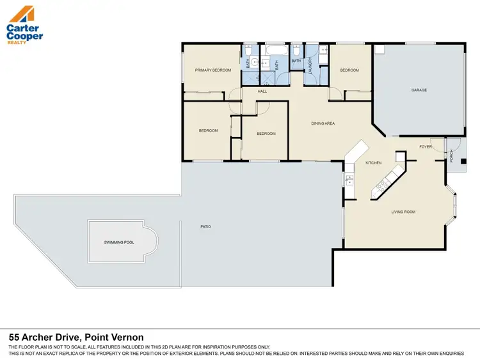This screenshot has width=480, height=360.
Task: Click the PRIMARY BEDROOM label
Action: [213, 70]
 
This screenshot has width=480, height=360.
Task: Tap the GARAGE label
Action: [419, 90]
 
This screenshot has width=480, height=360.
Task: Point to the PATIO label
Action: [205, 226]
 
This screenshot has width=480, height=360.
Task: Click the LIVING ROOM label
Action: [404, 212]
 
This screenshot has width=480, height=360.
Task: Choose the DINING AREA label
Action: [323, 123]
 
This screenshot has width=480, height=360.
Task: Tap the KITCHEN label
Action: [373, 163]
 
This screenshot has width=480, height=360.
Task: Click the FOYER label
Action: [426, 147]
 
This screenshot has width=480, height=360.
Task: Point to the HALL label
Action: [262, 91]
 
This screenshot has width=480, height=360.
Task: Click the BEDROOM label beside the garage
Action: [349, 70]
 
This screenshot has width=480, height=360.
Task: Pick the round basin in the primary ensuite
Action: [254, 63]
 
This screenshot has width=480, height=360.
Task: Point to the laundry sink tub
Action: [323, 51]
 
